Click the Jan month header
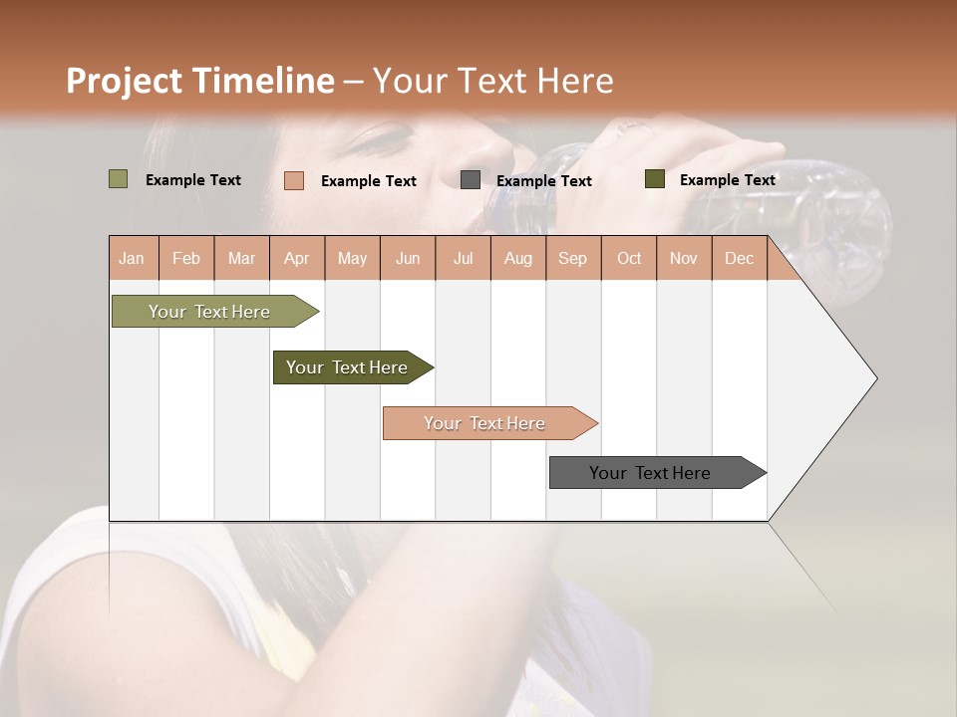click(x=132, y=258)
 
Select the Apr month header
click(x=296, y=258)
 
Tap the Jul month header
click(x=463, y=258)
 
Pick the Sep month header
click(x=572, y=258)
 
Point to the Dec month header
click(x=739, y=258)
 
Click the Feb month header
click(x=186, y=258)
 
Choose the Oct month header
click(x=629, y=258)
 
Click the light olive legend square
click(x=118, y=179)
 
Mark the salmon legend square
click(x=293, y=180)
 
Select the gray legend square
click(x=470, y=179)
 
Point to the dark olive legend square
click(x=654, y=179)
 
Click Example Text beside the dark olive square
click(x=727, y=180)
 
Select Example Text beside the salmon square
click(x=368, y=181)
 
